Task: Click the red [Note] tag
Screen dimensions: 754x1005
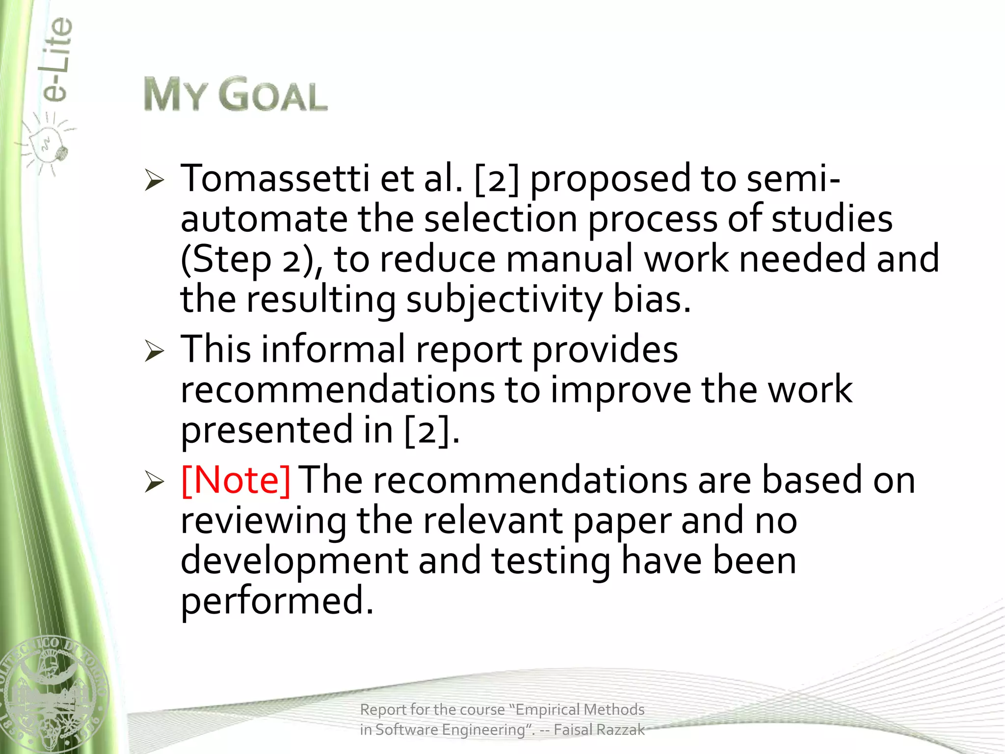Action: (x=236, y=480)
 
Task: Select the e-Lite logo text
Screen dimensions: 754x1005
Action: (x=56, y=60)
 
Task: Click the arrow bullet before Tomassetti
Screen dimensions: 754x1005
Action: (x=154, y=181)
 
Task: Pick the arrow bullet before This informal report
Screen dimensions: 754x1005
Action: (x=154, y=351)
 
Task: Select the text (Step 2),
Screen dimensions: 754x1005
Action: (x=251, y=259)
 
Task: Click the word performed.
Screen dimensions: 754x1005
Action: (x=277, y=601)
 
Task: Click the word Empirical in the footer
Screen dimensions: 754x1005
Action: (x=548, y=710)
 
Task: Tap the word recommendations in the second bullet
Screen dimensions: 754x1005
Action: (x=338, y=390)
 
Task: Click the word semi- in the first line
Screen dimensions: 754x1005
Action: (x=793, y=179)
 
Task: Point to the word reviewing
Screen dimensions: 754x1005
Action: (x=263, y=521)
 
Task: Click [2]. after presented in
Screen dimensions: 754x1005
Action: (x=432, y=431)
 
